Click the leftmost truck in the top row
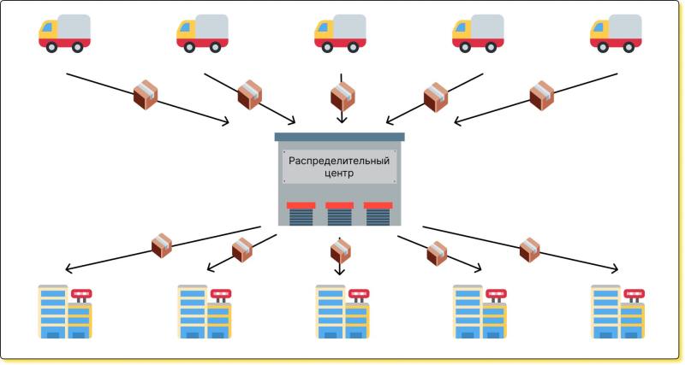[64, 33]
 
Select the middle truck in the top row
[340, 33]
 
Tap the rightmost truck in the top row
[616, 33]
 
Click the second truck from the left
[202, 33]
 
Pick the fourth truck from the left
[478, 33]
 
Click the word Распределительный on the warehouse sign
[339, 161]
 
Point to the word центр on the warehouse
[339, 174]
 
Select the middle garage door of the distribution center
[339, 214]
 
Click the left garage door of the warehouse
[301, 214]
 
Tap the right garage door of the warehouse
[378, 214]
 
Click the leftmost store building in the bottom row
[65, 312]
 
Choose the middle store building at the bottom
[342, 312]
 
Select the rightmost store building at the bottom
[618, 312]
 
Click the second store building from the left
[205, 312]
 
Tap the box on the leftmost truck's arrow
[146, 95]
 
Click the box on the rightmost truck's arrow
[542, 96]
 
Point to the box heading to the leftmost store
[162, 246]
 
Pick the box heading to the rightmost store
[529, 250]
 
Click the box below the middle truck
[342, 97]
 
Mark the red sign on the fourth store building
[497, 294]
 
